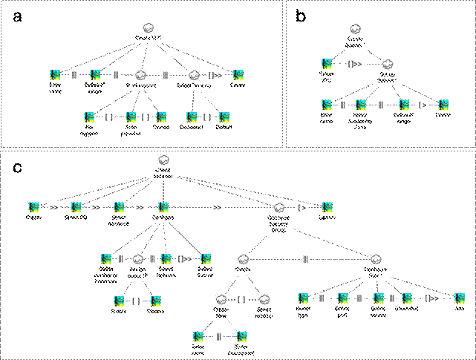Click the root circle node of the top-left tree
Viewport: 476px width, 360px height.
(x=149, y=27)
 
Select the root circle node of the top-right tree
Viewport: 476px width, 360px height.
(x=355, y=29)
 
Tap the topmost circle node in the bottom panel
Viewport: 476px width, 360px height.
(x=164, y=160)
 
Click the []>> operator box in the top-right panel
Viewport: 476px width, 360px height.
(x=355, y=65)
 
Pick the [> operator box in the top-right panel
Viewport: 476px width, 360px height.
(x=423, y=105)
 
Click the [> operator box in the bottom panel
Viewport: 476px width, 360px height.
(x=302, y=207)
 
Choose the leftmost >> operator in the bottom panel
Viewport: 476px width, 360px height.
(x=53, y=207)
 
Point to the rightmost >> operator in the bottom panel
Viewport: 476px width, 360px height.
(x=217, y=207)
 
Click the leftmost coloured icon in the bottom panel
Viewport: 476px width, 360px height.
(x=33, y=207)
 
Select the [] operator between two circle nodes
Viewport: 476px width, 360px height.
(x=242, y=300)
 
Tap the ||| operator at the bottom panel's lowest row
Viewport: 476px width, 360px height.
(x=218, y=337)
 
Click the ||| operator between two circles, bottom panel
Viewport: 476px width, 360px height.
(x=306, y=259)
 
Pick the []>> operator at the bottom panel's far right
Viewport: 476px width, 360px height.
(x=431, y=298)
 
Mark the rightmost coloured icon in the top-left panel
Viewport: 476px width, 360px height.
(x=238, y=75)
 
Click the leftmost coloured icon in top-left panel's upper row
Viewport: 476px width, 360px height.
(x=54, y=75)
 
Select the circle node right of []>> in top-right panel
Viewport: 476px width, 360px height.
(x=387, y=65)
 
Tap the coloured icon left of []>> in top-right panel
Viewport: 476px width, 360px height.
(x=326, y=65)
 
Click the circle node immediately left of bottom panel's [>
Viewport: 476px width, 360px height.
(x=278, y=208)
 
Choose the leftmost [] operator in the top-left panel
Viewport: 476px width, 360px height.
(x=109, y=117)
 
